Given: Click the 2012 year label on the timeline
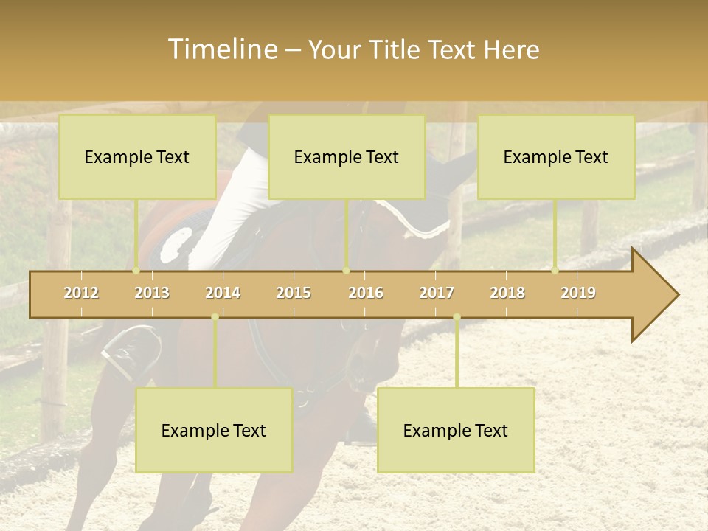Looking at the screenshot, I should pos(81,293).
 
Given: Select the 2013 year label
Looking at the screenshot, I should pos(152,293).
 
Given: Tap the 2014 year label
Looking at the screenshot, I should pos(223,293).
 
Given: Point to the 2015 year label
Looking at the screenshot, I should pos(294,293).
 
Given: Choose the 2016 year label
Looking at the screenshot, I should pos(366,293).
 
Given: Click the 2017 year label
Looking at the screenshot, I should pos(437,293).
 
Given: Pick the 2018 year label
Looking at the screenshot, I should pos(507,293).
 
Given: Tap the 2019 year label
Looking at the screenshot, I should pos(578,293).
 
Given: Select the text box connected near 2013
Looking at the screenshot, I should pos(137,156).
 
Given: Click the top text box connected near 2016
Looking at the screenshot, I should pos(347,156).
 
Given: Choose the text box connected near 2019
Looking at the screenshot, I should pos(556,156).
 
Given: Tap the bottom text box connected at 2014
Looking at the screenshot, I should pos(214,430).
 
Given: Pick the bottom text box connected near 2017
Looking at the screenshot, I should pos(456,430).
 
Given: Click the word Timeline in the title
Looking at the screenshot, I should pos(221,49).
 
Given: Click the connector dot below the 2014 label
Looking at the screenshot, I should pos(215,317).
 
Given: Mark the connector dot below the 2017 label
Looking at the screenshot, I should pos(457,317).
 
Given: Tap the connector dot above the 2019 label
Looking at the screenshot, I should pos(555,270).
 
